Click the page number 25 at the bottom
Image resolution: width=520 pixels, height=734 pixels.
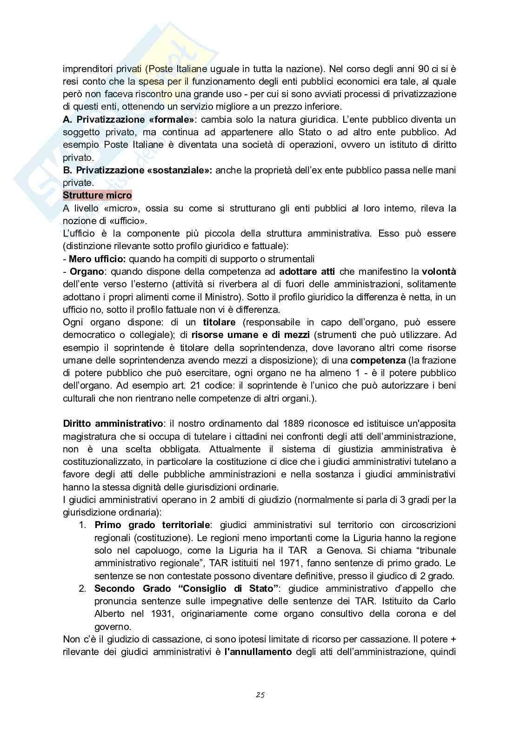pyautogui.click(x=260, y=695)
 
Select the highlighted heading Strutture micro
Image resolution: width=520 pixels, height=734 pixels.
pyautogui.click(x=97, y=196)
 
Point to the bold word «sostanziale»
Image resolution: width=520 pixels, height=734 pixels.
pyautogui.click(x=179, y=170)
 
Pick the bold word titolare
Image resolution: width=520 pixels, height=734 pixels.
pyautogui.click(x=219, y=322)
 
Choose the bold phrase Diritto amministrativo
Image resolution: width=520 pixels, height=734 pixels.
pyautogui.click(x=113, y=423)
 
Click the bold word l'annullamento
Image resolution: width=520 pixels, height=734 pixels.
pyautogui.click(x=258, y=652)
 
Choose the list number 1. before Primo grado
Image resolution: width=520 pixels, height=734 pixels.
pyautogui.click(x=82, y=525)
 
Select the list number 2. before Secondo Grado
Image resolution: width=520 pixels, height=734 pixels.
pyautogui.click(x=82, y=589)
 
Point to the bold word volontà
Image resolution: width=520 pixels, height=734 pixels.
pyautogui.click(x=439, y=271)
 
